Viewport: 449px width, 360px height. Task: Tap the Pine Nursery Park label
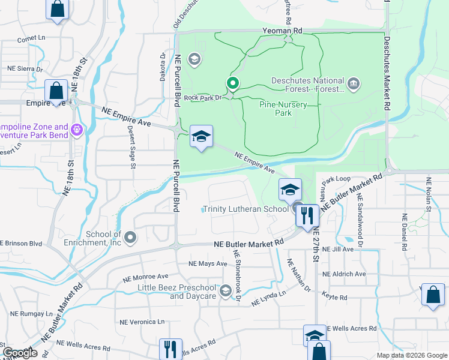coord(283,108)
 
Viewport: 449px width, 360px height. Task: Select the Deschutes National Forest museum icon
coord(354,82)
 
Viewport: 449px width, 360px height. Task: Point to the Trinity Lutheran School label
coord(245,209)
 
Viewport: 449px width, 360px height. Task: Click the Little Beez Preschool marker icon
coord(226,291)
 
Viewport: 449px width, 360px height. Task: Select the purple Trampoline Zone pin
coord(77,129)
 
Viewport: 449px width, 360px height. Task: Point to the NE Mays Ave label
coord(208,263)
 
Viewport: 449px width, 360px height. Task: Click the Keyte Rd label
coord(335,298)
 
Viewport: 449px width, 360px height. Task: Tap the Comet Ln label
coord(32,38)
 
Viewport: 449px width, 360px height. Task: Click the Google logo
coord(20,352)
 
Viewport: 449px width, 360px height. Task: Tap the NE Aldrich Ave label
coord(344,274)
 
